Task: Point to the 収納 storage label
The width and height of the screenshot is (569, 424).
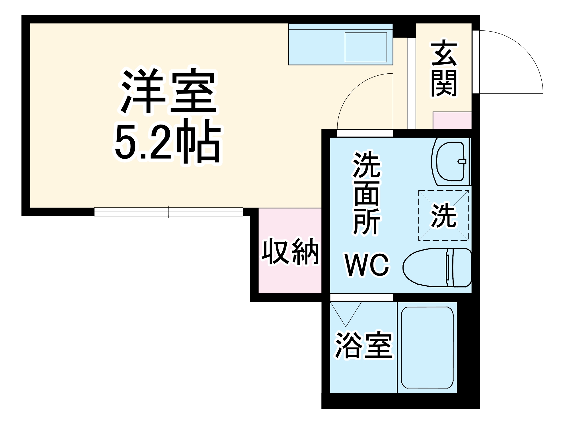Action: coord(290,251)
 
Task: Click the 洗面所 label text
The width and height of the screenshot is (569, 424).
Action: coord(367,193)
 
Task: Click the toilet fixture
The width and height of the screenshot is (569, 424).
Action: coord(427,267)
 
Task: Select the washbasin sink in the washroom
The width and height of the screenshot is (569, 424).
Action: coord(450,162)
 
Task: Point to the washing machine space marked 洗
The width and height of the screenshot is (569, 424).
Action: coord(443,216)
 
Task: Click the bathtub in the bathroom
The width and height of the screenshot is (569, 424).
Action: coord(427,348)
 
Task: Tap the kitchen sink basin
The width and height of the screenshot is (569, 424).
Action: coord(366,47)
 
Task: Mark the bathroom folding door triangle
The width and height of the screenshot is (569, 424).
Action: coord(346,313)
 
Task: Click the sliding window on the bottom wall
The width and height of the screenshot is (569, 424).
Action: coord(169,212)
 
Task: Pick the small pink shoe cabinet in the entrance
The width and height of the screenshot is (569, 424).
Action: coord(452,120)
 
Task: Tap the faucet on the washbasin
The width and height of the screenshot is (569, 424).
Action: coord(462,162)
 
